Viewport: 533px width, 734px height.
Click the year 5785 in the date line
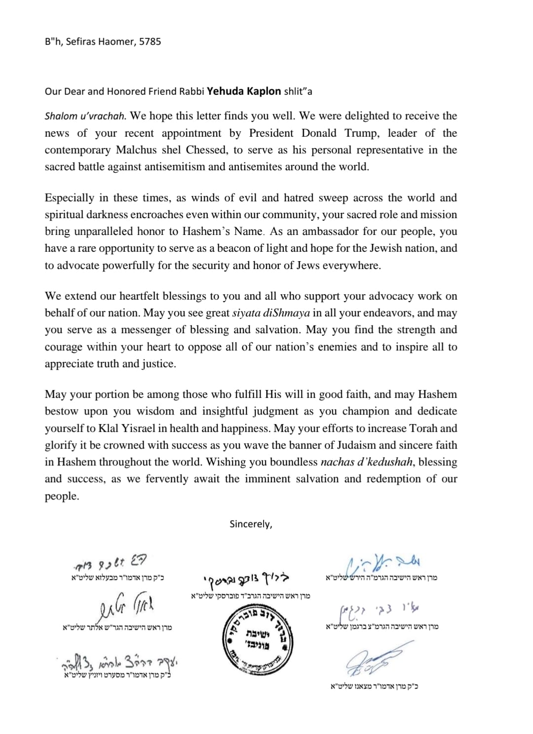[150, 41]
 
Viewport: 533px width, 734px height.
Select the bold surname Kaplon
[261, 91]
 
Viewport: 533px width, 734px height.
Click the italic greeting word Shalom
[59, 116]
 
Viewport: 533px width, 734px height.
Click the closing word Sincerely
[251, 524]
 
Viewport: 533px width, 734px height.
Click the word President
[271, 133]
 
